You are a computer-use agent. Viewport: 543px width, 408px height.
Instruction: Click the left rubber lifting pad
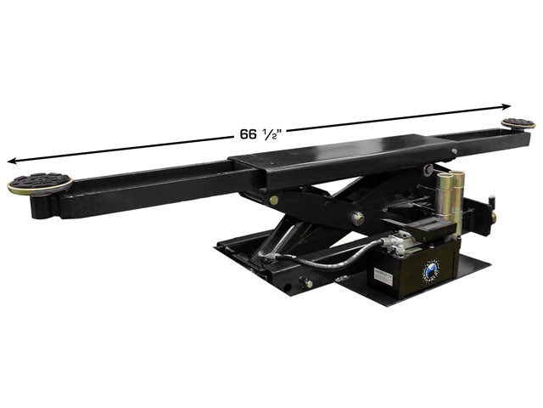pyautogui.click(x=40, y=183)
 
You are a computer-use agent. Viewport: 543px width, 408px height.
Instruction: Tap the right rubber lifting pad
pyautogui.click(x=518, y=123)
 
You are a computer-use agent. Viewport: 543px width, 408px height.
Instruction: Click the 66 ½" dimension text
pyautogui.click(x=259, y=134)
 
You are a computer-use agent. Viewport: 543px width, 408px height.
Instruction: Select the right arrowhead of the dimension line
pyautogui.click(x=507, y=106)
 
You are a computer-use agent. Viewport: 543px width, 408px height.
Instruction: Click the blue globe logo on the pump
pyautogui.click(x=431, y=269)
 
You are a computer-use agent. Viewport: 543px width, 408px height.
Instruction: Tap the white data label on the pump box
pyautogui.click(x=383, y=276)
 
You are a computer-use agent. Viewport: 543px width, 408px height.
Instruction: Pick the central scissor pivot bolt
pyautogui.click(x=357, y=218)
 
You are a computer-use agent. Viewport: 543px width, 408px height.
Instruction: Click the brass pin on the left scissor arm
pyautogui.click(x=273, y=200)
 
